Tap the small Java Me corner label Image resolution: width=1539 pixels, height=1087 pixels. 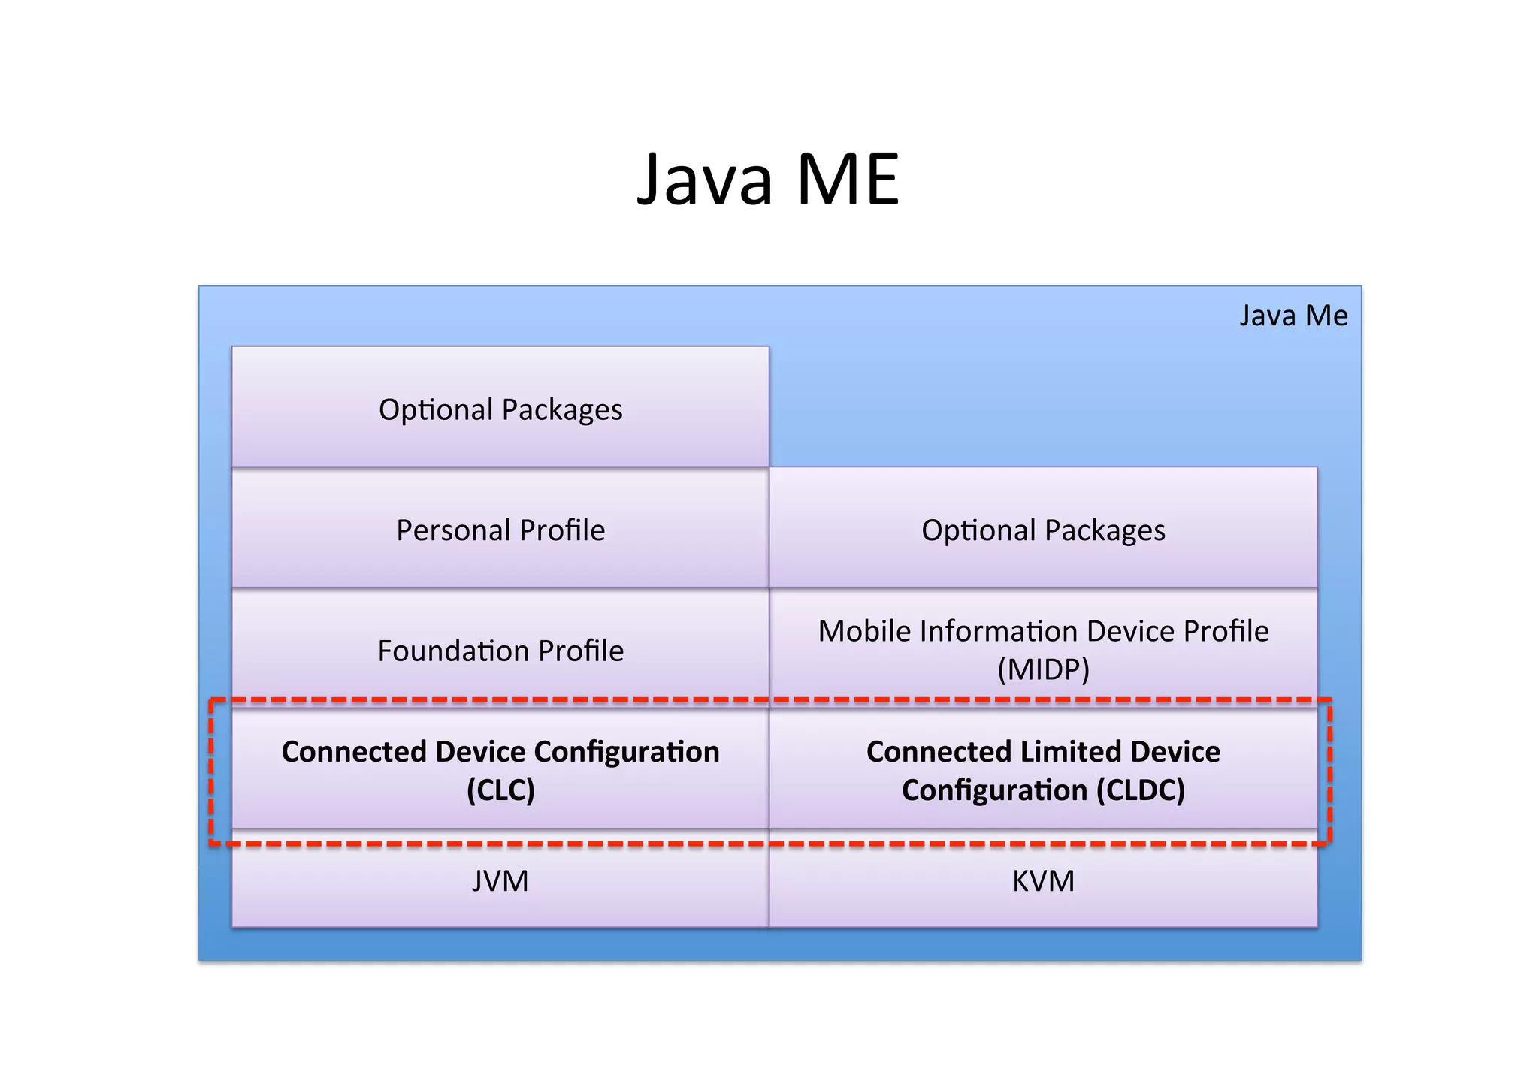(1293, 315)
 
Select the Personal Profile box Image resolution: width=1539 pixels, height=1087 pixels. (500, 530)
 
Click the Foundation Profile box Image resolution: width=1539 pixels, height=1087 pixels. (500, 650)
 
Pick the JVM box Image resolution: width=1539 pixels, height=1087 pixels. (500, 880)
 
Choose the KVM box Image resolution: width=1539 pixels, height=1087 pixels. (1043, 880)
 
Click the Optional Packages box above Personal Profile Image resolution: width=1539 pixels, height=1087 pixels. (500, 409)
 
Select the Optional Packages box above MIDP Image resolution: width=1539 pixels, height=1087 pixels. (1043, 530)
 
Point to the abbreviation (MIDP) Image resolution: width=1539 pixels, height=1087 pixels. (1043, 669)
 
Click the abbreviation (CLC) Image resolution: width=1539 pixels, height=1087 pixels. (500, 790)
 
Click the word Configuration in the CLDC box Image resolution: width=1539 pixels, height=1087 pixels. (994, 790)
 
